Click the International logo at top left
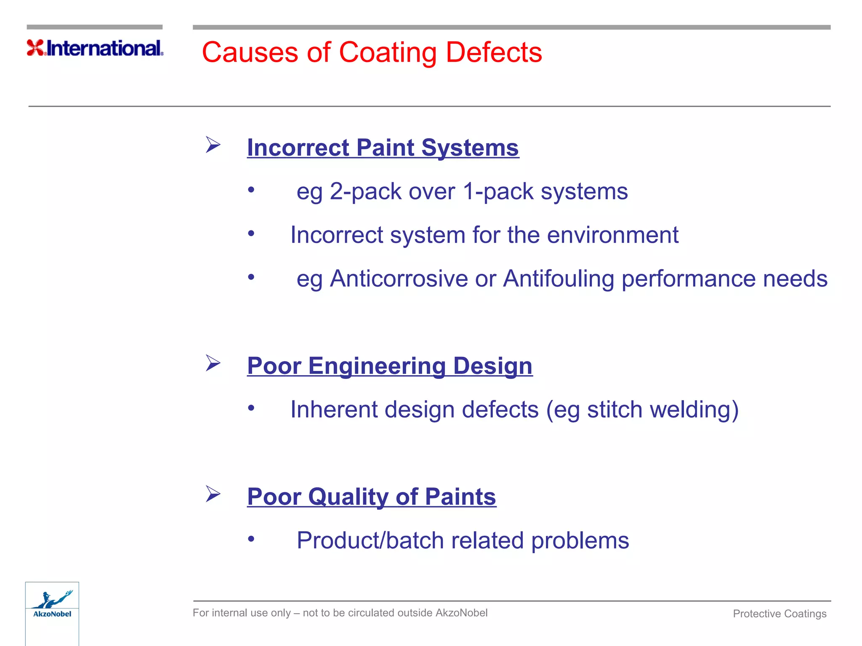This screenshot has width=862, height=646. tap(95, 48)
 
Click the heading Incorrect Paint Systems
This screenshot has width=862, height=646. tap(383, 148)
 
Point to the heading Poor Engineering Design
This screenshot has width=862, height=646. tap(389, 365)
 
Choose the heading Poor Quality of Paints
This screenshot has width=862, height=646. tap(371, 497)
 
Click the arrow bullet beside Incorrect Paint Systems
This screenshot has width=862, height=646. tap(213, 145)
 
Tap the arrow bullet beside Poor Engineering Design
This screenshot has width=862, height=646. tap(213, 363)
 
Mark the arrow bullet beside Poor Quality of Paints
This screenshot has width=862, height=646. tap(213, 494)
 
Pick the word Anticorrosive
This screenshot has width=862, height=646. tap(399, 279)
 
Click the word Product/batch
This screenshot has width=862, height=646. tap(370, 540)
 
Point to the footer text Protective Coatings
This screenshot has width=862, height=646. tap(779, 614)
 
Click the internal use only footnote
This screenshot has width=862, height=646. tap(340, 613)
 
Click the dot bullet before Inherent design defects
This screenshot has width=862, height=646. tap(251, 408)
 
